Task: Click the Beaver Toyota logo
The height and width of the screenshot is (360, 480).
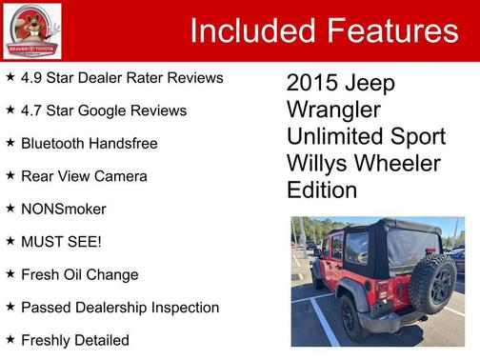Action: point(31,30)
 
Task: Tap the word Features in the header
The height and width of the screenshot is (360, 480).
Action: point(392,30)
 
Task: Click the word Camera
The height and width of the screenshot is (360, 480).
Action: point(122,176)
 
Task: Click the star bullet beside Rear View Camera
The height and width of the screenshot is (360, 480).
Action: point(10,176)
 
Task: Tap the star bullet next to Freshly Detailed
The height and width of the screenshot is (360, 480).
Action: point(10,340)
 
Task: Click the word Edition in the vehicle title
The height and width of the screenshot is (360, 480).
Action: point(322,190)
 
